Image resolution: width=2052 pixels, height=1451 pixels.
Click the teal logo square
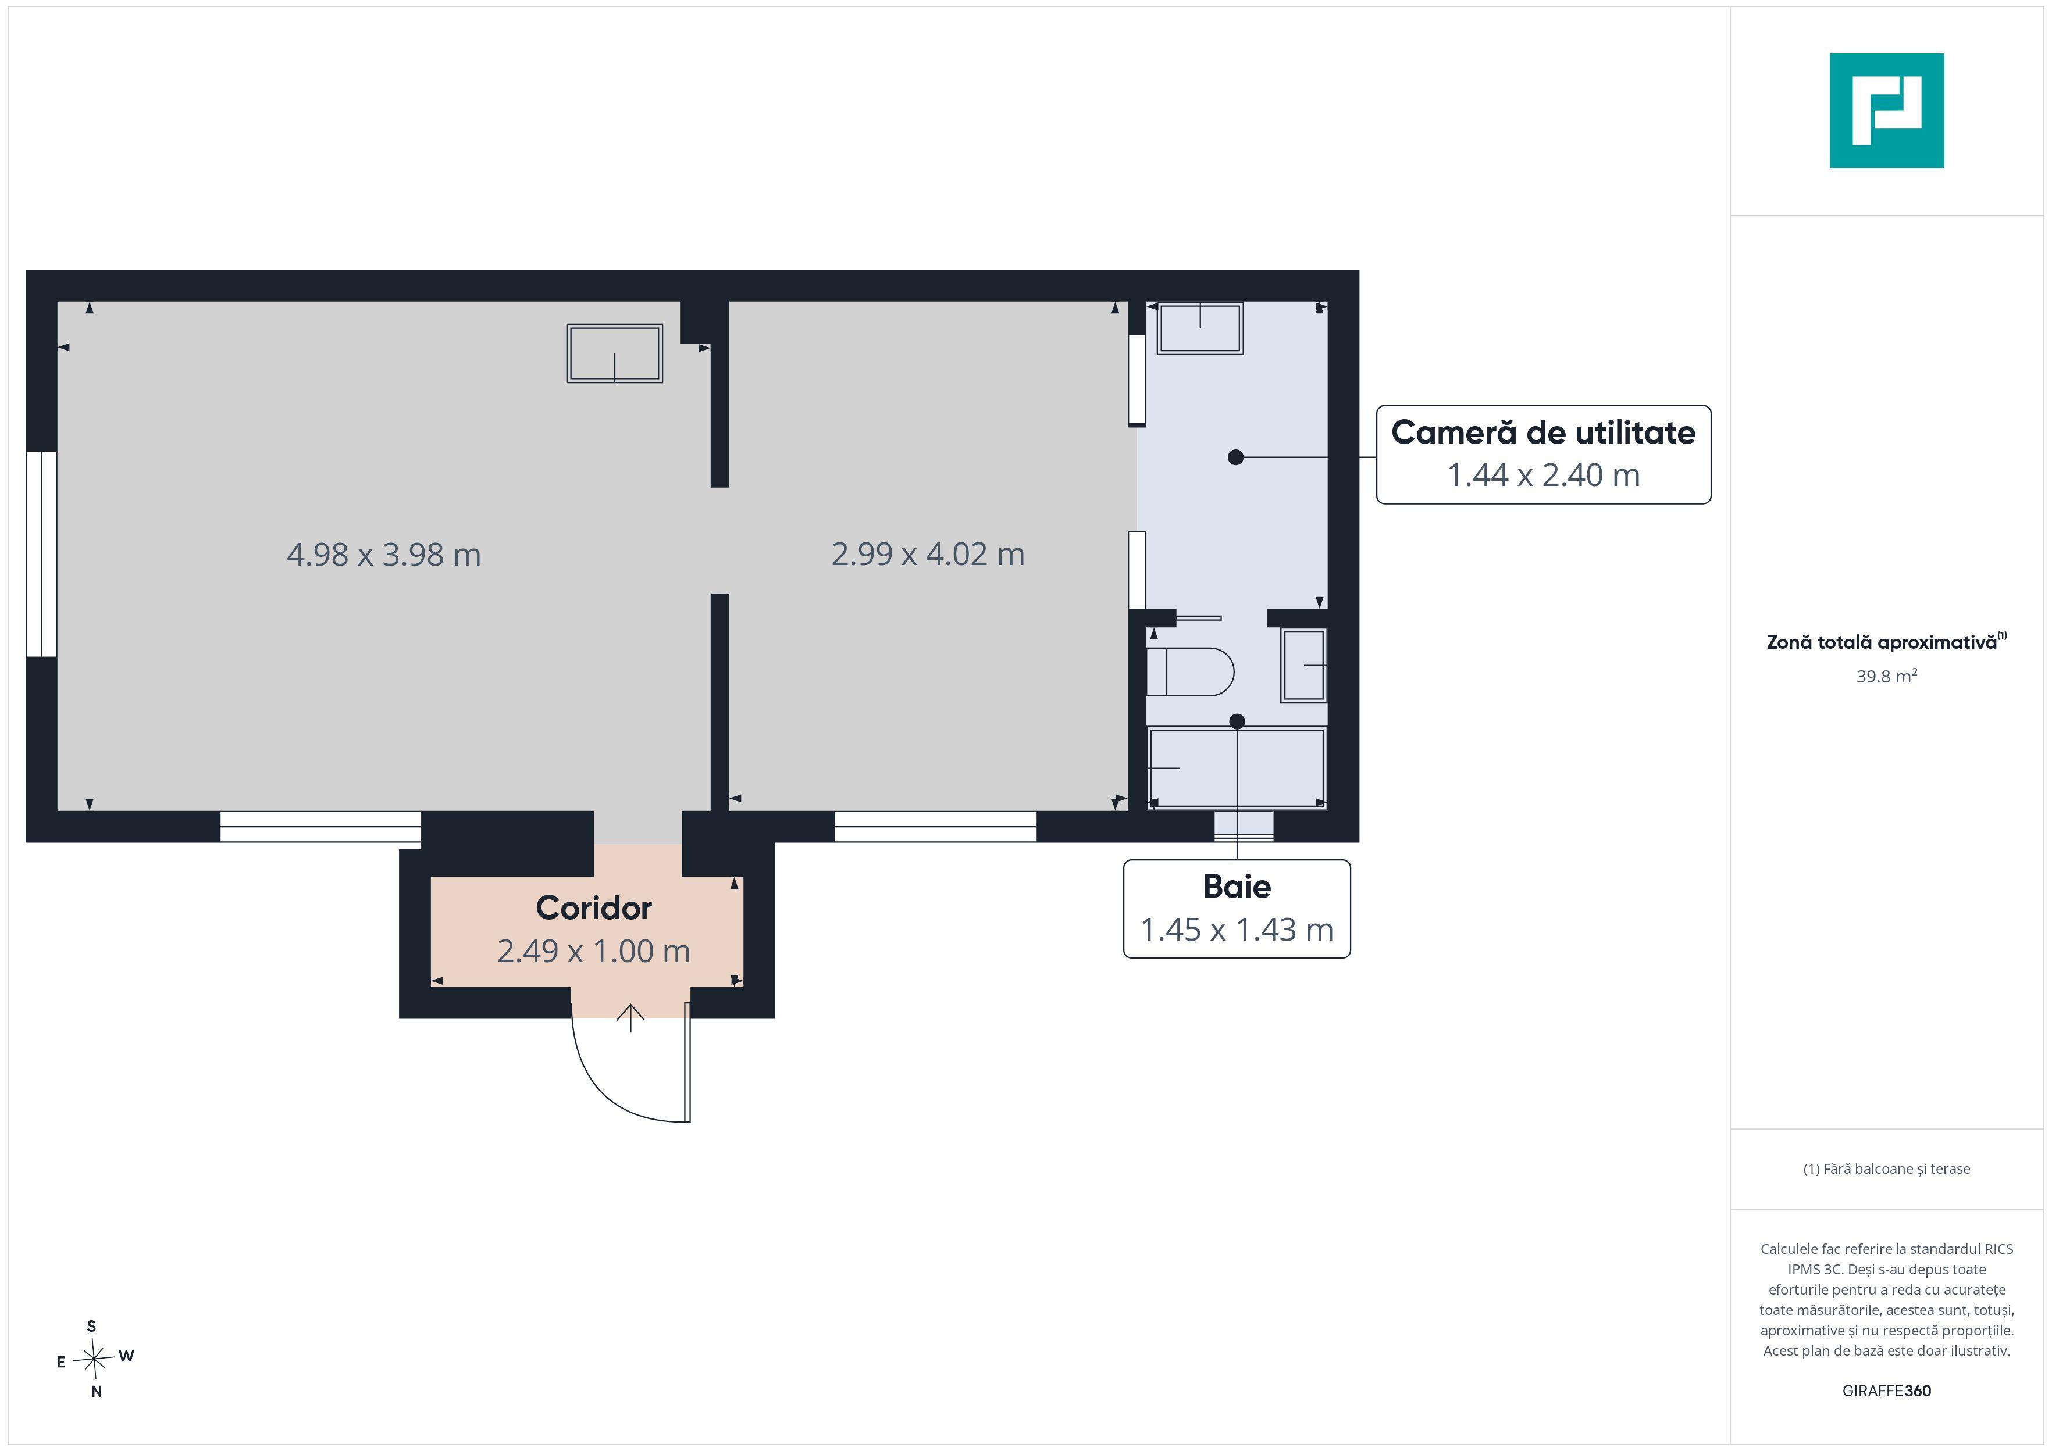tap(1887, 111)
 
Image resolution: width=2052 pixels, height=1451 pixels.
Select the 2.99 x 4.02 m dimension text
tap(928, 554)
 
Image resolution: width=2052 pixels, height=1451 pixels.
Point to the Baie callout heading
tap(1237, 887)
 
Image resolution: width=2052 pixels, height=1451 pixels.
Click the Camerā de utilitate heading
tap(1544, 433)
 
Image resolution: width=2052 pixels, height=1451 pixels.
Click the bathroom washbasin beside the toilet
tap(1304, 666)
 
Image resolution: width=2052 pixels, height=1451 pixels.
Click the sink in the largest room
tap(615, 354)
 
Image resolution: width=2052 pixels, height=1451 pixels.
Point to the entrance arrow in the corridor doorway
tap(631, 1018)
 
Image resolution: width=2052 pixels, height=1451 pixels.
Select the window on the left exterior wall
tap(41, 554)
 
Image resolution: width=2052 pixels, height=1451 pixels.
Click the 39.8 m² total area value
tap(1887, 676)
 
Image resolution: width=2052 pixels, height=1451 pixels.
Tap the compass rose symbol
tap(94, 1360)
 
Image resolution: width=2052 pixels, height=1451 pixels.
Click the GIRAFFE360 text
tap(1887, 1391)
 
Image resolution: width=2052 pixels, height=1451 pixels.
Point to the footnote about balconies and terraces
tap(1887, 1168)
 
